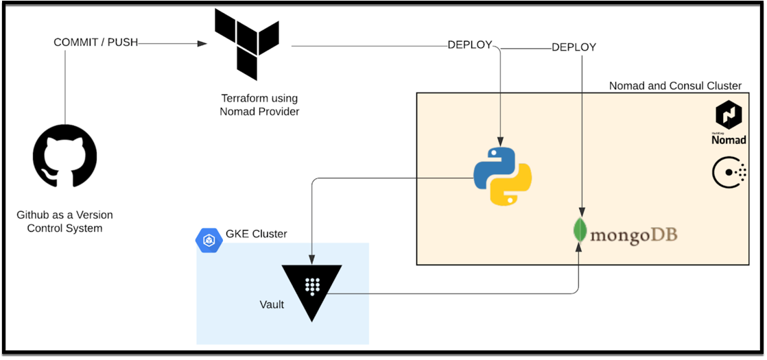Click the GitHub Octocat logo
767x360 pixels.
point(64,156)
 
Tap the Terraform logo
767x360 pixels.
point(246,44)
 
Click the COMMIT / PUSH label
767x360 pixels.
point(95,43)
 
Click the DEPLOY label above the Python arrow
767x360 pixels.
point(470,45)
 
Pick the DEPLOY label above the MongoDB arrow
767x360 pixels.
point(574,47)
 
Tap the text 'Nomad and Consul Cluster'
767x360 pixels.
point(675,86)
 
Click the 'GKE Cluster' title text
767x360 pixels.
point(256,234)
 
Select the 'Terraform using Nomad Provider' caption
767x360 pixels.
point(259,104)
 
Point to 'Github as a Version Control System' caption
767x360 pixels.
point(64,221)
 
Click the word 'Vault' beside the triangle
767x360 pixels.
point(272,304)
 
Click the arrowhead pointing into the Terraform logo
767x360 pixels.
point(202,43)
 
